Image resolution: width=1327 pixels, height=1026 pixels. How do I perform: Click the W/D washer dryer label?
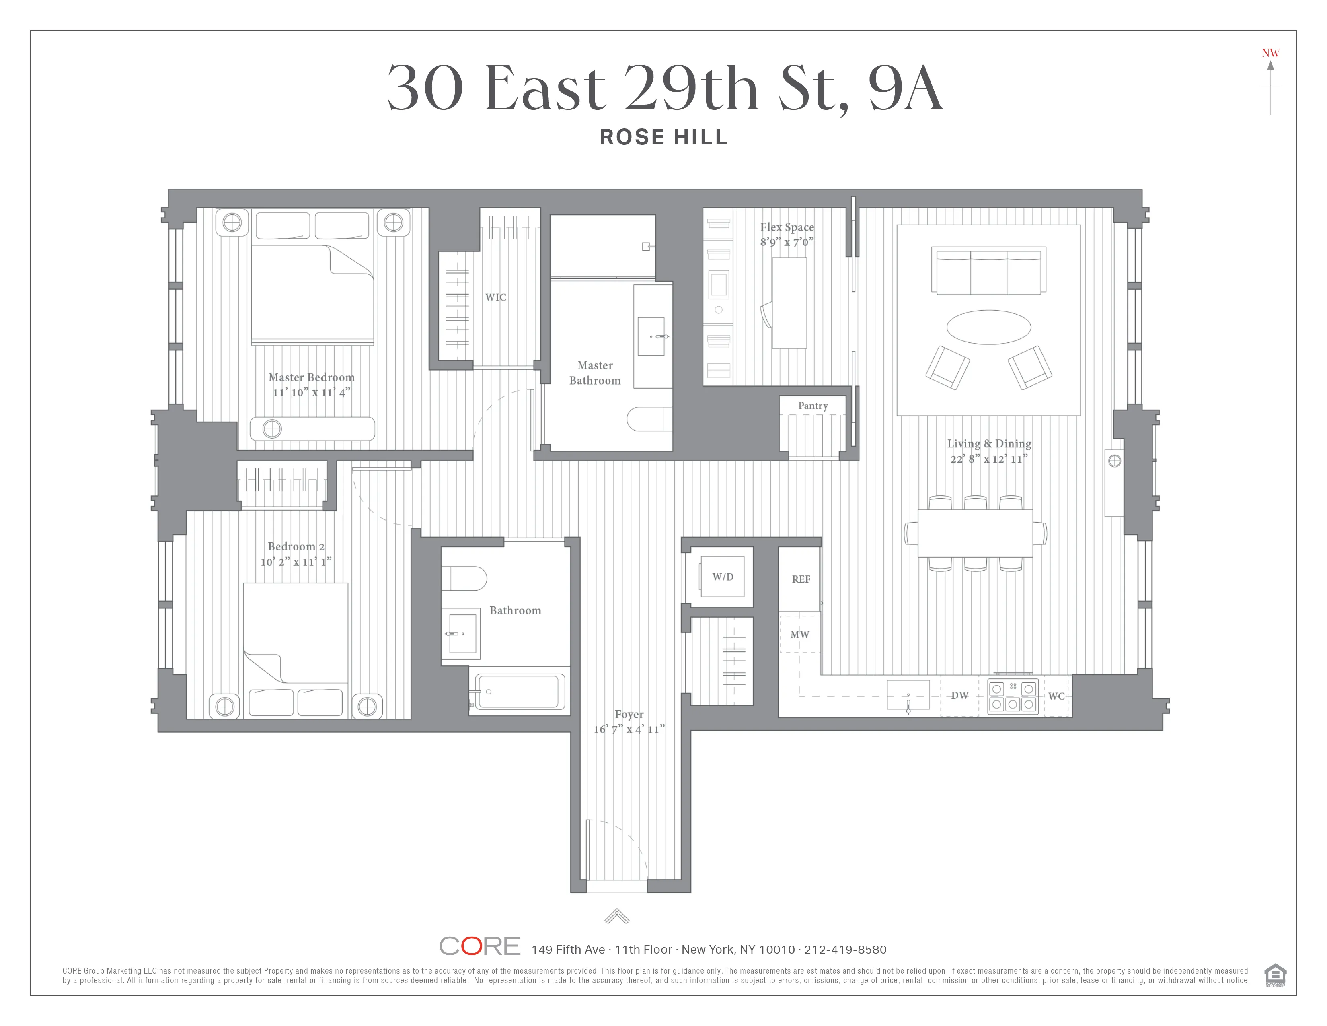tap(723, 577)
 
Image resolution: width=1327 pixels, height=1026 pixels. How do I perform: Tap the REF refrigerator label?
tap(801, 579)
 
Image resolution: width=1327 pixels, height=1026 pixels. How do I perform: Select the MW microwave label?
tap(799, 635)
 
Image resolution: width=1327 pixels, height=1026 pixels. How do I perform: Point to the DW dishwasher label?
tap(959, 695)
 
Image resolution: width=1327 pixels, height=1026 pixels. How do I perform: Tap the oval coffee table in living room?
tap(988, 327)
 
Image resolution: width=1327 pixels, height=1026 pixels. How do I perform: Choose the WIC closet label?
tap(495, 297)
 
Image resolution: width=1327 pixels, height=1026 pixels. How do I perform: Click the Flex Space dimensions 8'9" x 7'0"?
tap(787, 242)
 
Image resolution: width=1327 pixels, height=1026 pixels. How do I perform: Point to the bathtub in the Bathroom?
tap(518, 692)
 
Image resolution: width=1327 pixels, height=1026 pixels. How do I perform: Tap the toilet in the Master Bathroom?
tap(649, 419)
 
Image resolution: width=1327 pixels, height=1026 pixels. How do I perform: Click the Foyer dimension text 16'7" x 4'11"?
tap(629, 729)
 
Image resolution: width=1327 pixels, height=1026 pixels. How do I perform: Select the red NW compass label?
tap(1270, 53)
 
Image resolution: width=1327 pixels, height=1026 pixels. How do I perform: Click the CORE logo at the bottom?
tap(479, 946)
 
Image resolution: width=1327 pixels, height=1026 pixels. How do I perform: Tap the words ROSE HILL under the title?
tap(663, 137)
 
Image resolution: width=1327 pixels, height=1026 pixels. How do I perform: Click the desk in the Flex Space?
tap(789, 303)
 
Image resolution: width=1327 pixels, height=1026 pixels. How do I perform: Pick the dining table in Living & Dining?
tap(975, 533)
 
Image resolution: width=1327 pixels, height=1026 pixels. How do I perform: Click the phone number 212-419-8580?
tap(845, 950)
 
